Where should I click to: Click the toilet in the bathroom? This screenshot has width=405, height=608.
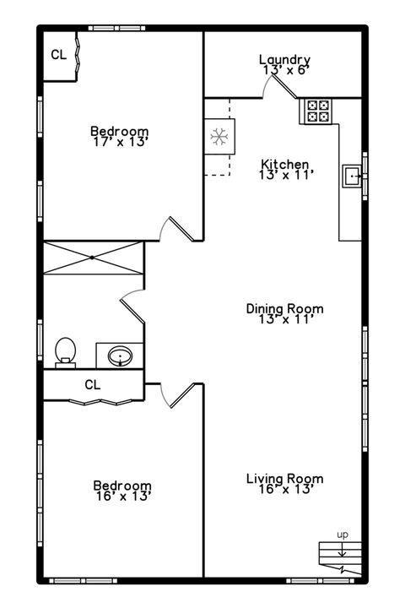pos(66,350)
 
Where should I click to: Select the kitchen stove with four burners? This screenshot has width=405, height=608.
pos(318,111)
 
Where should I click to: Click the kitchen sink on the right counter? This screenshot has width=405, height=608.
pos(351,176)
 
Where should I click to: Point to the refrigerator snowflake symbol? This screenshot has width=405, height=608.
pos(219,136)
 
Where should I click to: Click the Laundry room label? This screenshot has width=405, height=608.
pos(284,60)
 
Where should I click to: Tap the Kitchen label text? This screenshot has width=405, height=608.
pos(284,164)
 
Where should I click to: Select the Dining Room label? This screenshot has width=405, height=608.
pos(284,308)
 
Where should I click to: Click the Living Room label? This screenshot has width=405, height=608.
pos(284,478)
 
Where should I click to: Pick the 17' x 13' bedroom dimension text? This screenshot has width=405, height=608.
pos(120,143)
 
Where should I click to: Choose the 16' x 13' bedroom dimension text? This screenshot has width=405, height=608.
pos(122,497)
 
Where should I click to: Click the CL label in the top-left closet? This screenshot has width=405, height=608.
pos(58,55)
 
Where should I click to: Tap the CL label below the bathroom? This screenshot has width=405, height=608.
pos(93,384)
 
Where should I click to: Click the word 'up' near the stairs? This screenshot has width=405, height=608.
pos(343,534)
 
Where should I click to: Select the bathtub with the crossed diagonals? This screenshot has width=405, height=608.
pos(93,257)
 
